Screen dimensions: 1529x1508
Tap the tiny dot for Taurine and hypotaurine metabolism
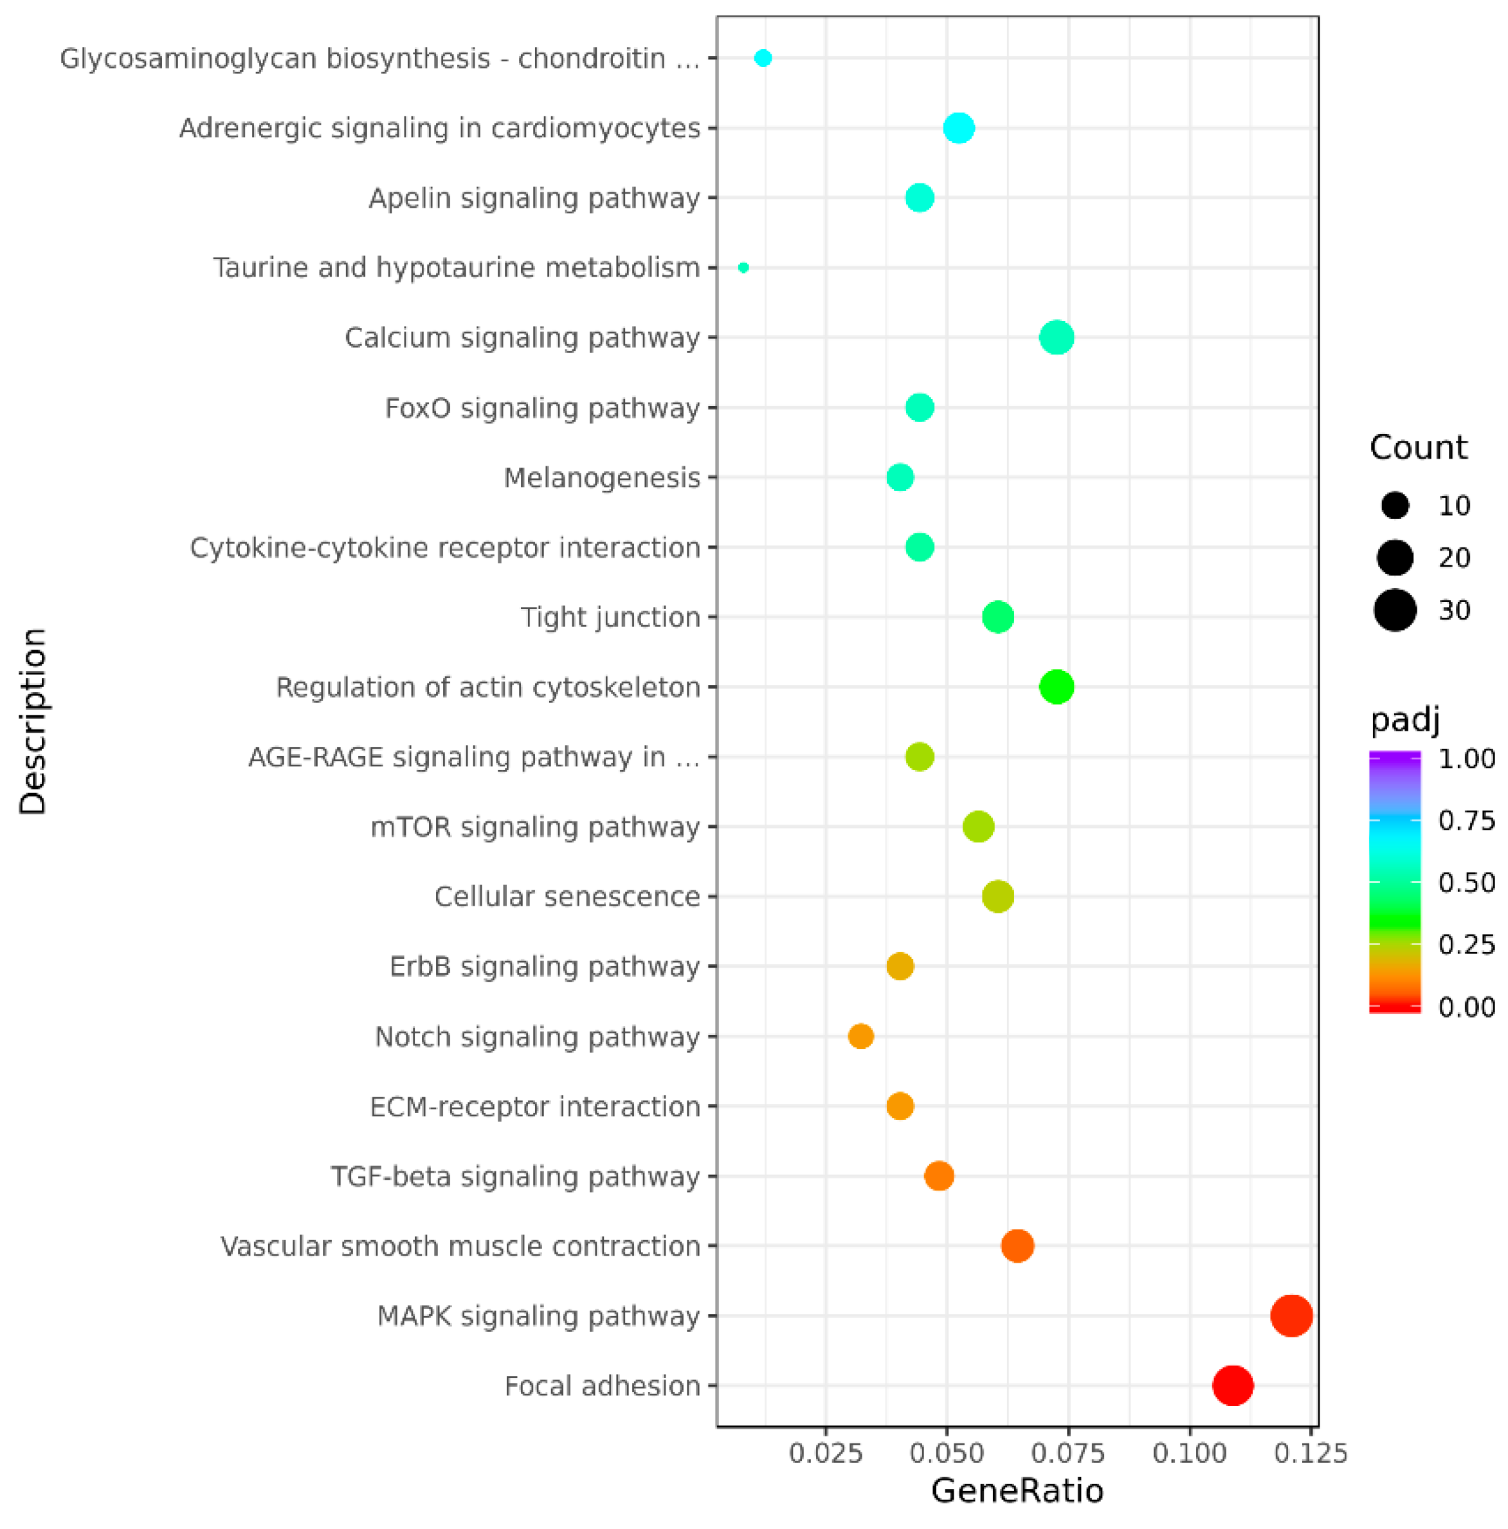click(x=743, y=268)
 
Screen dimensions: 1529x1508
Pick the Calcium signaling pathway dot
click(x=1056, y=338)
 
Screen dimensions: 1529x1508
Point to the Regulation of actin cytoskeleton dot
click(x=1056, y=687)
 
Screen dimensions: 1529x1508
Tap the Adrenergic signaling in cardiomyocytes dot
click(x=959, y=127)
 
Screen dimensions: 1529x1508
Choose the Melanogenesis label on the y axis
click(x=601, y=478)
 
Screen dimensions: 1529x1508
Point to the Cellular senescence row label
click(x=567, y=897)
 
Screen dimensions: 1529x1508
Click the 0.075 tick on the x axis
click(x=1068, y=1453)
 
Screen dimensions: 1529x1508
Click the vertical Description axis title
click(x=33, y=722)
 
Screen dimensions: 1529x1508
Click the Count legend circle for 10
click(x=1395, y=505)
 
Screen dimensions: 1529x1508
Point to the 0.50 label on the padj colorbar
click(x=1466, y=883)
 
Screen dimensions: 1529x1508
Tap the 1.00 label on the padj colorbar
click(x=1466, y=758)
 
